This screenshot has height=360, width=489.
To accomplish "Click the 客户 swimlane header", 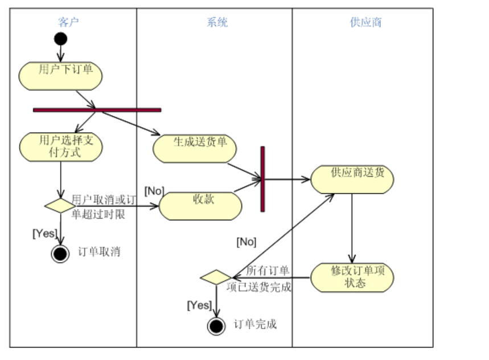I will click(x=68, y=23).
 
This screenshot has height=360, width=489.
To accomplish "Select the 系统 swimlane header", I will click(x=217, y=23).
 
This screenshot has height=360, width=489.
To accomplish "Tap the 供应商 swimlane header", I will click(x=365, y=23).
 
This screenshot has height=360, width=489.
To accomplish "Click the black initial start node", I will click(x=60, y=39).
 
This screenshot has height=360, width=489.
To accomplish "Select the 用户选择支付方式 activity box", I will click(x=60, y=146).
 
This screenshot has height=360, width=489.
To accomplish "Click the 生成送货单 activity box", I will click(x=195, y=148).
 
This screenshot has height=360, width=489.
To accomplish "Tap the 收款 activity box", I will click(x=200, y=205).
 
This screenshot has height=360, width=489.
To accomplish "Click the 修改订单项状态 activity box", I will click(x=352, y=277).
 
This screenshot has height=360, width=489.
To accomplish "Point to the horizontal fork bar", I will click(x=97, y=110).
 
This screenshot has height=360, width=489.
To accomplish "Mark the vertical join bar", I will click(x=262, y=179).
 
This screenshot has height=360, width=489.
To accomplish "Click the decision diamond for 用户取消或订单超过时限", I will click(x=60, y=206).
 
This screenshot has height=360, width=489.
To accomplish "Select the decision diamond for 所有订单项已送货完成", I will click(x=215, y=278).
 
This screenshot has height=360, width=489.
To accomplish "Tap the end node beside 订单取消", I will click(x=60, y=253).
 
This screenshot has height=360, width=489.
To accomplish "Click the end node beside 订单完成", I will click(x=216, y=326).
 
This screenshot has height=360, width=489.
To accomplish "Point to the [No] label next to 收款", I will click(x=154, y=190).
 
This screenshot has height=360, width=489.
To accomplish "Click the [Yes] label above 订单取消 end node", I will click(x=44, y=233).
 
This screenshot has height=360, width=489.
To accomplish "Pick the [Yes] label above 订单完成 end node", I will click(x=199, y=305).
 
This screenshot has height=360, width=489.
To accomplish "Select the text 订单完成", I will click(x=255, y=325).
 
